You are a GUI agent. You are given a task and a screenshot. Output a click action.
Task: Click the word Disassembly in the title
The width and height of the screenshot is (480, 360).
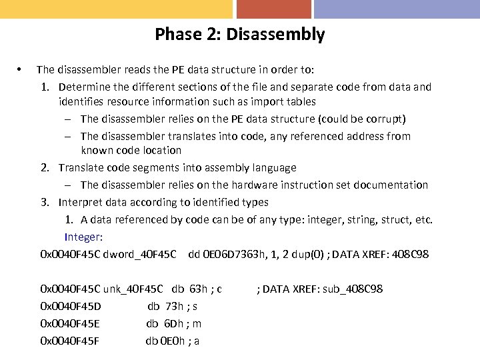click(x=275, y=35)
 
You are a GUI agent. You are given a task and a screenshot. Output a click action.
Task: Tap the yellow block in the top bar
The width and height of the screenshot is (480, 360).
click(x=116, y=9)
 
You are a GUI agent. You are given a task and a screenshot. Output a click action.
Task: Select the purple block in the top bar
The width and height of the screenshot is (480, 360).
click(x=397, y=9)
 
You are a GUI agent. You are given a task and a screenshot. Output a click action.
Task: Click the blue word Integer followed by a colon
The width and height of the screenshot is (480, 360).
click(x=83, y=237)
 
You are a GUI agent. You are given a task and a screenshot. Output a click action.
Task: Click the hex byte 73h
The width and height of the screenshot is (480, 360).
click(x=173, y=307)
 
